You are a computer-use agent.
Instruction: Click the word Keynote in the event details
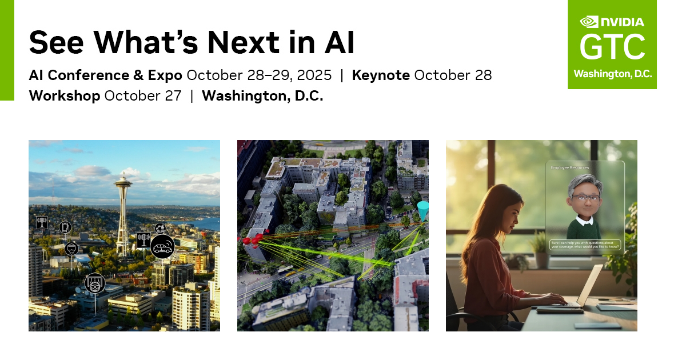[x=381, y=75]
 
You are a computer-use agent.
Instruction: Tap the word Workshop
[x=65, y=95]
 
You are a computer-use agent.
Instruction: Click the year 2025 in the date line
[x=314, y=75]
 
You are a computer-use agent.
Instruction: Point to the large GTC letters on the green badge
[x=612, y=47]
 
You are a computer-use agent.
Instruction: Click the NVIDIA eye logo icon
[x=588, y=22]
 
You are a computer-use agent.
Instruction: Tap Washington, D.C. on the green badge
[x=612, y=74]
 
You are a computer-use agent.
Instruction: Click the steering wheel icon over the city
[x=95, y=283]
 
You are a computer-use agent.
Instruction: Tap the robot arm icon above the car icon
[x=160, y=228]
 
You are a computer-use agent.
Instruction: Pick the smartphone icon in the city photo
[x=65, y=227]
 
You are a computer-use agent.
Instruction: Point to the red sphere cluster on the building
[x=252, y=239]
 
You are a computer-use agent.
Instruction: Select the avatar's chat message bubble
[x=585, y=245]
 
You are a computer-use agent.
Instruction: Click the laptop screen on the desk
[x=590, y=285]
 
